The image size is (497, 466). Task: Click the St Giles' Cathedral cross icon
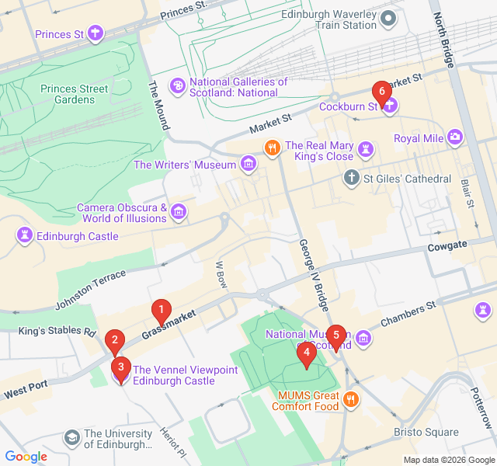(351, 179)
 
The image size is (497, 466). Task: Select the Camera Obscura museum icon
(179, 212)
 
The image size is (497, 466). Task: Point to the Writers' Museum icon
(248, 164)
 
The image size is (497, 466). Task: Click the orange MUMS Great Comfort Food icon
(351, 400)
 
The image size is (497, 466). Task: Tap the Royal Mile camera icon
(455, 138)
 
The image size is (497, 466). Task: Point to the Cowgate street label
(447, 245)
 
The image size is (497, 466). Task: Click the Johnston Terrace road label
(90, 289)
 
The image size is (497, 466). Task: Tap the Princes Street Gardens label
(75, 94)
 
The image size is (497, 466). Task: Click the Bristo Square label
(426, 433)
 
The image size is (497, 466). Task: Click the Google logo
(26, 457)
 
